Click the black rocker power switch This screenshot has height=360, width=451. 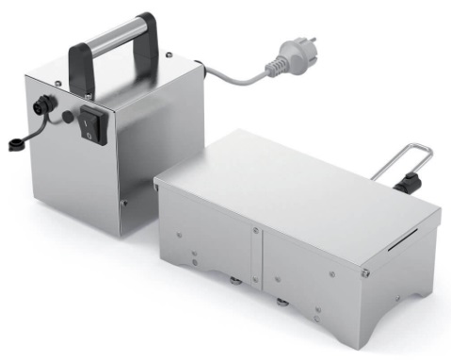(x=90, y=124)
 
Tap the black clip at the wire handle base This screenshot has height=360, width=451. (x=408, y=180)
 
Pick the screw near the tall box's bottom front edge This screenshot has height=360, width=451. (x=123, y=200)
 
